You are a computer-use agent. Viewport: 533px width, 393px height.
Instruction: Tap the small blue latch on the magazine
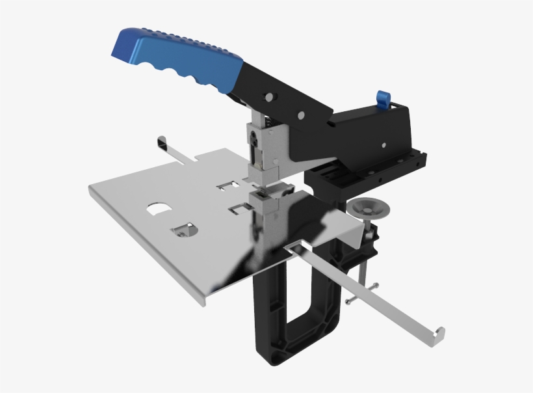(x=383, y=98)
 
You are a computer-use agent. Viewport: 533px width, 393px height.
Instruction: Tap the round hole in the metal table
(x=184, y=229)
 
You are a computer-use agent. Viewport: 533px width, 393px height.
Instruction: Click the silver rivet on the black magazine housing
(x=385, y=146)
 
